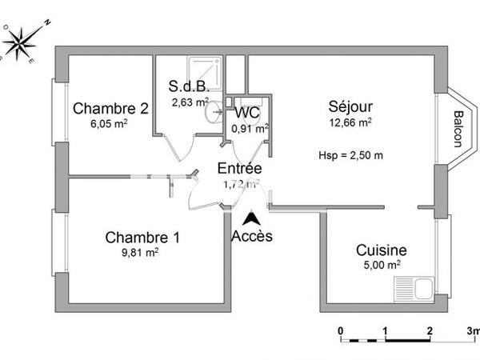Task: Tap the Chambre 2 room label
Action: point(100,110)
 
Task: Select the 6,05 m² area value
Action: point(100,123)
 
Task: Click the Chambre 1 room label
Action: point(142,238)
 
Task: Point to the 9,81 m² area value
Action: point(142,251)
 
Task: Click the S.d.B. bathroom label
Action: point(188,87)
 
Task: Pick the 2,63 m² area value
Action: point(190,102)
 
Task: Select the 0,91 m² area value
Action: point(249,127)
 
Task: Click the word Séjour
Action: point(350,107)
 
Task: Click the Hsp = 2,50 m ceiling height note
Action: point(350,154)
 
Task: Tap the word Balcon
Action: point(457,128)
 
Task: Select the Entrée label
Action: point(240,169)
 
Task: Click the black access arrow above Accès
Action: point(251,217)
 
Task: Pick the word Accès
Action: point(251,236)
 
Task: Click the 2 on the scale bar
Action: point(430,330)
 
